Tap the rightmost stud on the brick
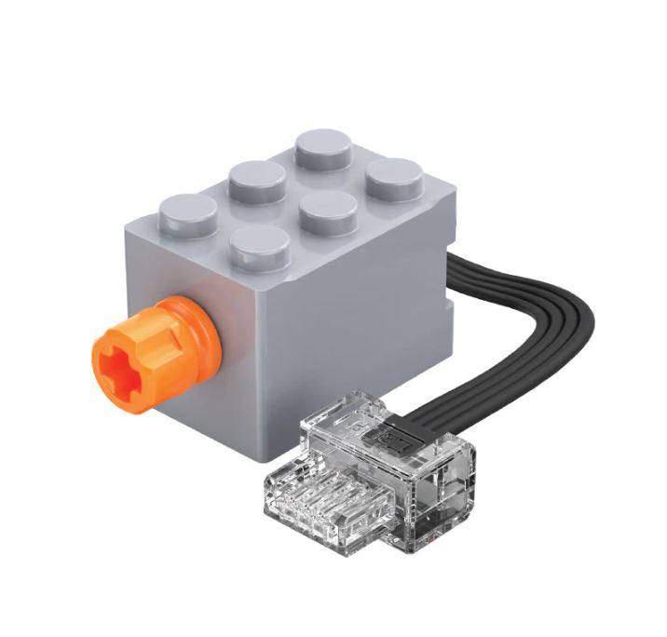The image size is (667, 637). pos(395,175)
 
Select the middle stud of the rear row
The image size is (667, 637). pos(257,179)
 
